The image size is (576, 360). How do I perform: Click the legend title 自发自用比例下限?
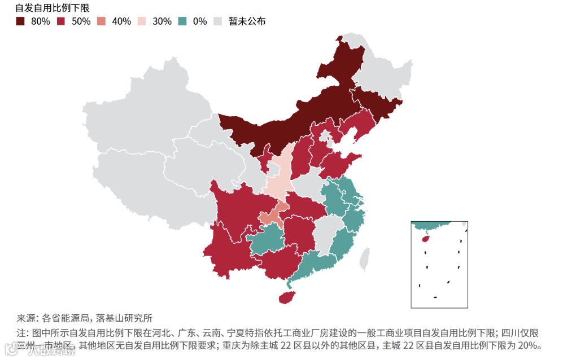click(x=52, y=8)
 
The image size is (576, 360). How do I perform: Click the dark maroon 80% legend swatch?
click(x=20, y=21)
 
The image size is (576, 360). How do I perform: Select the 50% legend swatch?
click(x=61, y=21)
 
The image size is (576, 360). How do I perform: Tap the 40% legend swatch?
click(x=102, y=21)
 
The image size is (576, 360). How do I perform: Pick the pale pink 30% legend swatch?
click(x=142, y=21)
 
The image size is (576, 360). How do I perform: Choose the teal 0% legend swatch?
click(x=182, y=21)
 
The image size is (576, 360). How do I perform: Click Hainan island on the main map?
click(x=287, y=297)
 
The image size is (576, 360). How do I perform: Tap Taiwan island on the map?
click(x=365, y=257)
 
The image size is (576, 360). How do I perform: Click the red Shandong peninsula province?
click(x=341, y=164)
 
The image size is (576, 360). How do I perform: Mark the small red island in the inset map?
click(x=426, y=238)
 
